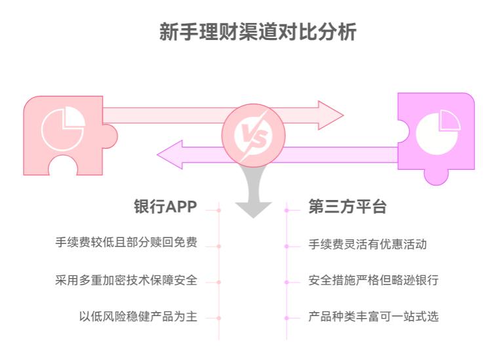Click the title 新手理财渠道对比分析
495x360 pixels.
258,31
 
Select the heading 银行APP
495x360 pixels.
165,207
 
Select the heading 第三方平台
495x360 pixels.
347,207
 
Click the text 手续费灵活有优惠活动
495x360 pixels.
367,244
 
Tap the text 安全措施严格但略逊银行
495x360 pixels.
373,281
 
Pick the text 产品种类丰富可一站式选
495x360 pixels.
373,317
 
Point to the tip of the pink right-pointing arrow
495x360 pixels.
342,116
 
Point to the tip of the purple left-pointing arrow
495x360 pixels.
159,155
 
